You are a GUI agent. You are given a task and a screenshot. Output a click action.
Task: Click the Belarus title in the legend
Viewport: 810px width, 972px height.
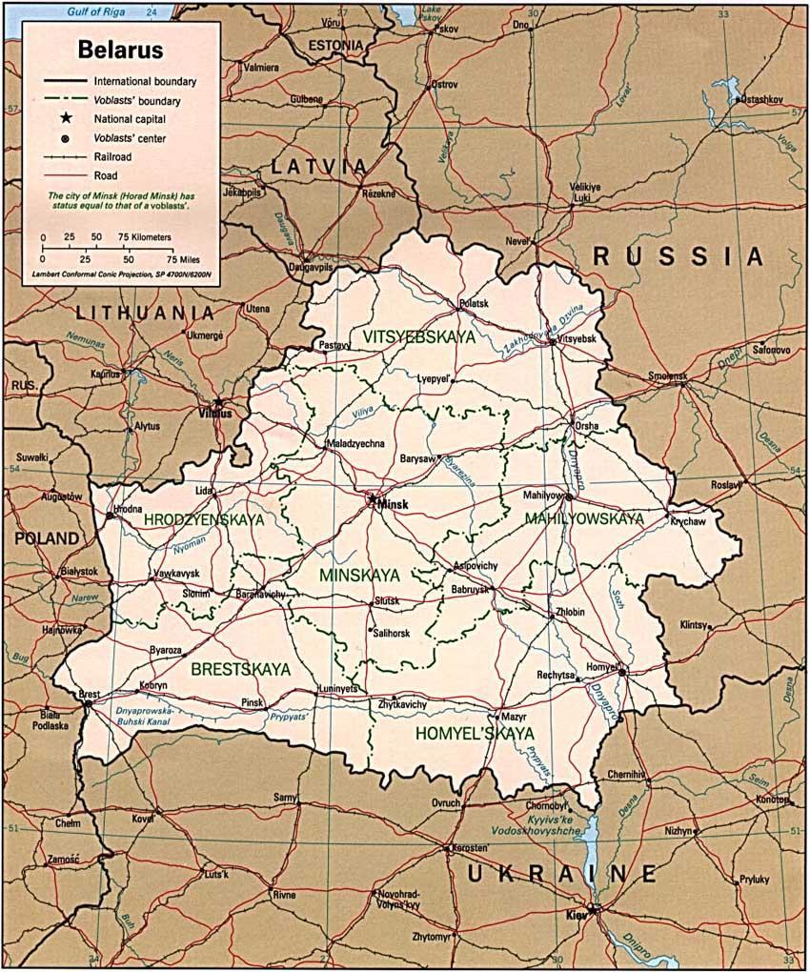pos(120,49)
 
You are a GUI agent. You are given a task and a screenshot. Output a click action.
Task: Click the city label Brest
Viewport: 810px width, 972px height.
pos(90,695)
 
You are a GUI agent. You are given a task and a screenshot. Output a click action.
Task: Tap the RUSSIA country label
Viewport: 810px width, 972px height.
pos(678,256)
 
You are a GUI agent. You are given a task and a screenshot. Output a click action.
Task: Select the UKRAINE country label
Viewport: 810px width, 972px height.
pos(562,874)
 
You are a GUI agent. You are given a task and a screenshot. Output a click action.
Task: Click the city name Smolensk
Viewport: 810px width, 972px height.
pos(668,375)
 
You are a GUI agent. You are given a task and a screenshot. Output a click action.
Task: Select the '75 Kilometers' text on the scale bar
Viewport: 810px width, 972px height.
pos(145,236)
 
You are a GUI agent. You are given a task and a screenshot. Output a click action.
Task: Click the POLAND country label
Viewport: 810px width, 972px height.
pos(46,538)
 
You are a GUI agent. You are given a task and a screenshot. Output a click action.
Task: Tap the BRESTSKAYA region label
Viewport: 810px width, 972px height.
pos(240,670)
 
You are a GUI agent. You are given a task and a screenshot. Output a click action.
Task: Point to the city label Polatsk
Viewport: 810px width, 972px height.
pos(473,304)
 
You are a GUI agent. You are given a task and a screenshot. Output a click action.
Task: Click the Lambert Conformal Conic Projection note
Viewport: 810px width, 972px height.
pos(120,274)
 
